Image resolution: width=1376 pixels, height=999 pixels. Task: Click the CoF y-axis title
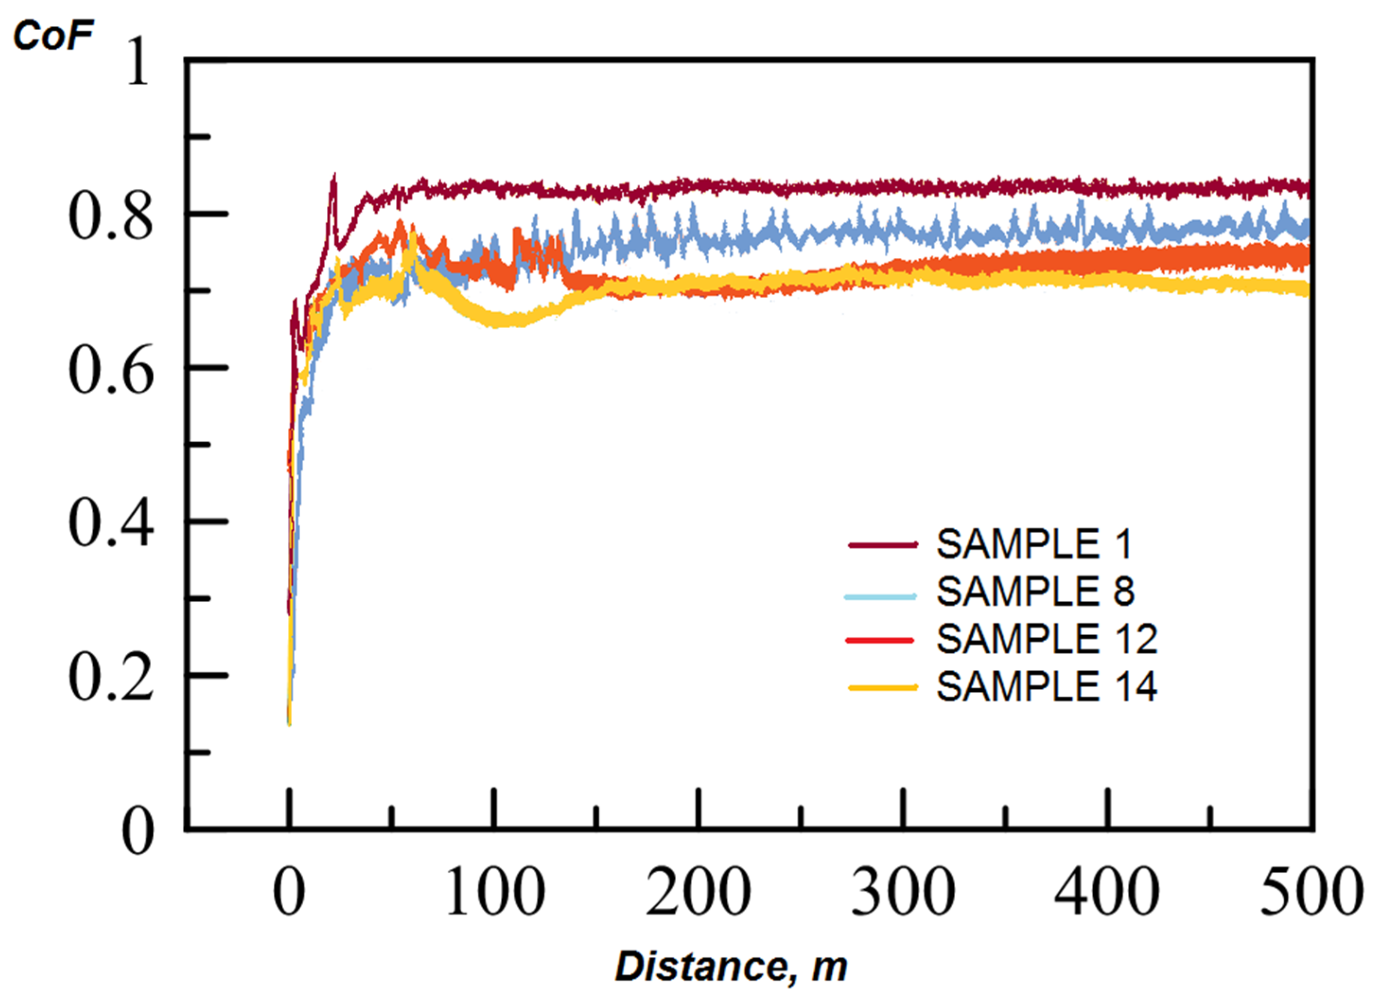pyautogui.click(x=53, y=35)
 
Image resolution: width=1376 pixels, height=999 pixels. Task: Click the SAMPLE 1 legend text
pyautogui.click(x=1034, y=544)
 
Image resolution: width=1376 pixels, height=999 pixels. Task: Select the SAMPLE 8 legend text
pyautogui.click(x=1035, y=591)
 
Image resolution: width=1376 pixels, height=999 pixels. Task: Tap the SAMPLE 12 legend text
pyautogui.click(x=1046, y=639)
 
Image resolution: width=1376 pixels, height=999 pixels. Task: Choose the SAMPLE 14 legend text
pyautogui.click(x=1046, y=687)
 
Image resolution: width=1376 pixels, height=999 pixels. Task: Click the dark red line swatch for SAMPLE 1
pyautogui.click(x=882, y=545)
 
